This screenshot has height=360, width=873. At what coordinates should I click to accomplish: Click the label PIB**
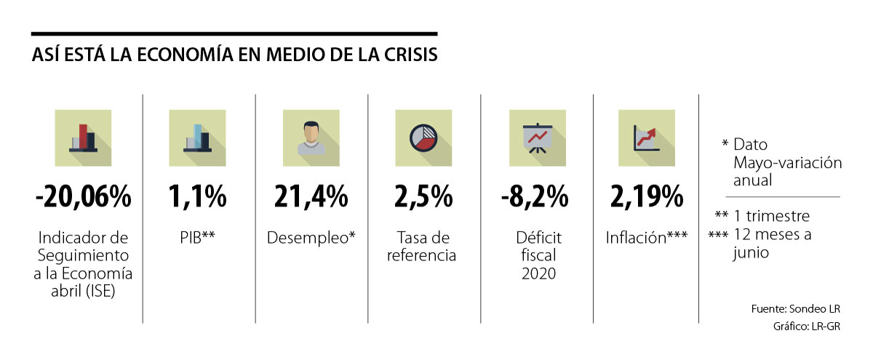(199, 238)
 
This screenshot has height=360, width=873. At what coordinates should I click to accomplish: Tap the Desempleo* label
(311, 238)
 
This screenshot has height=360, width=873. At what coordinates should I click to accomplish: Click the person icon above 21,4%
(311, 137)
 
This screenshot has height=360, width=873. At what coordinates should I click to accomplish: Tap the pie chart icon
(423, 137)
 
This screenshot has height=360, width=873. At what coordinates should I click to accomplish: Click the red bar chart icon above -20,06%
(83, 137)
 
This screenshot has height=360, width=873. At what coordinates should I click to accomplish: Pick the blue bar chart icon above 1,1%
(199, 137)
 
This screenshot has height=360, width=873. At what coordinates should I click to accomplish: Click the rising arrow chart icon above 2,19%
(646, 137)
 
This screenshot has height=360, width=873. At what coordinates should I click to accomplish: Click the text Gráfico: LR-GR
(808, 327)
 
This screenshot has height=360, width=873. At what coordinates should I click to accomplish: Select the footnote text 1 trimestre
(771, 217)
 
